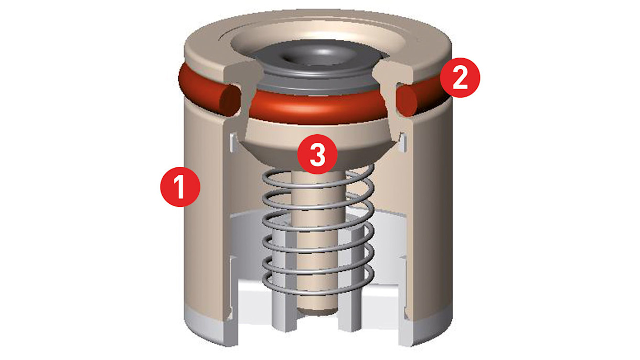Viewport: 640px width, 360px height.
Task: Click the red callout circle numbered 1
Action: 180,187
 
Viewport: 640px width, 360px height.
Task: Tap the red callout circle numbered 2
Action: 460,78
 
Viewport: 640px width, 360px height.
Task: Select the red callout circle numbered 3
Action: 317,154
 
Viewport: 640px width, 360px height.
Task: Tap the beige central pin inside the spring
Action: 318,240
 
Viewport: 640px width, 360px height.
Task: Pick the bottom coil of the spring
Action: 318,283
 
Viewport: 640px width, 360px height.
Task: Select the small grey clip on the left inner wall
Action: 233,142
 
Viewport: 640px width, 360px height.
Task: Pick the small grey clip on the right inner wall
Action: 402,142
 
